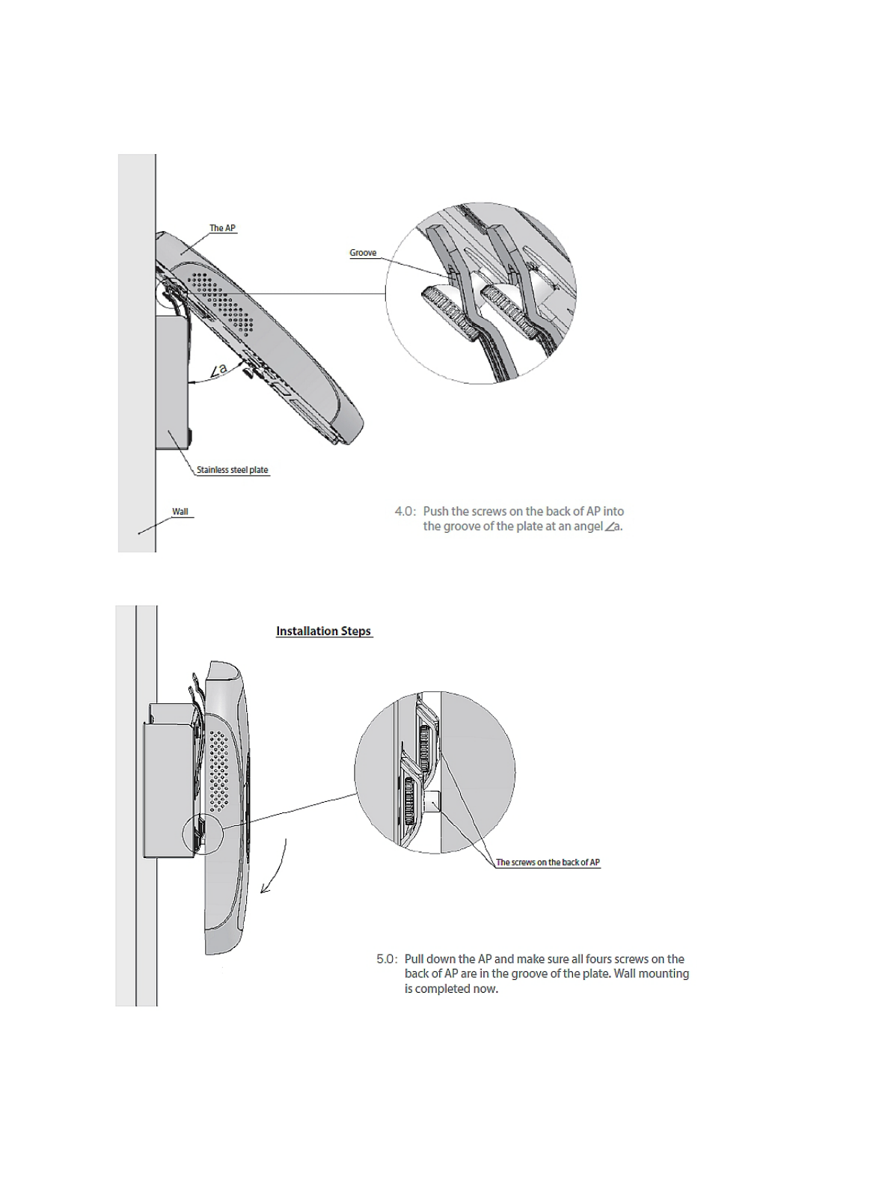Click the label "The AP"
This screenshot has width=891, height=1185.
222,228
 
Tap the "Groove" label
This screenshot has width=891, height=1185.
363,253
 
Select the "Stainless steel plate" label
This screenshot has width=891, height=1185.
232,470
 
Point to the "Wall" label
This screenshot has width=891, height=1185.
180,512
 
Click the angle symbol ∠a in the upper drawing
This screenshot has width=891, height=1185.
218,370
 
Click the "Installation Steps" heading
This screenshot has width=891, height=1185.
323,631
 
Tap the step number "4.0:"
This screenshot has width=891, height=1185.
405,512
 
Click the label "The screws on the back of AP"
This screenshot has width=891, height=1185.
548,863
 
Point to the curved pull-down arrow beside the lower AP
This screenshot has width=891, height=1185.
274,868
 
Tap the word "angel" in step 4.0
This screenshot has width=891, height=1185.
588,527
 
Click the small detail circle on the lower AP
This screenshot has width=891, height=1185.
202,834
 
